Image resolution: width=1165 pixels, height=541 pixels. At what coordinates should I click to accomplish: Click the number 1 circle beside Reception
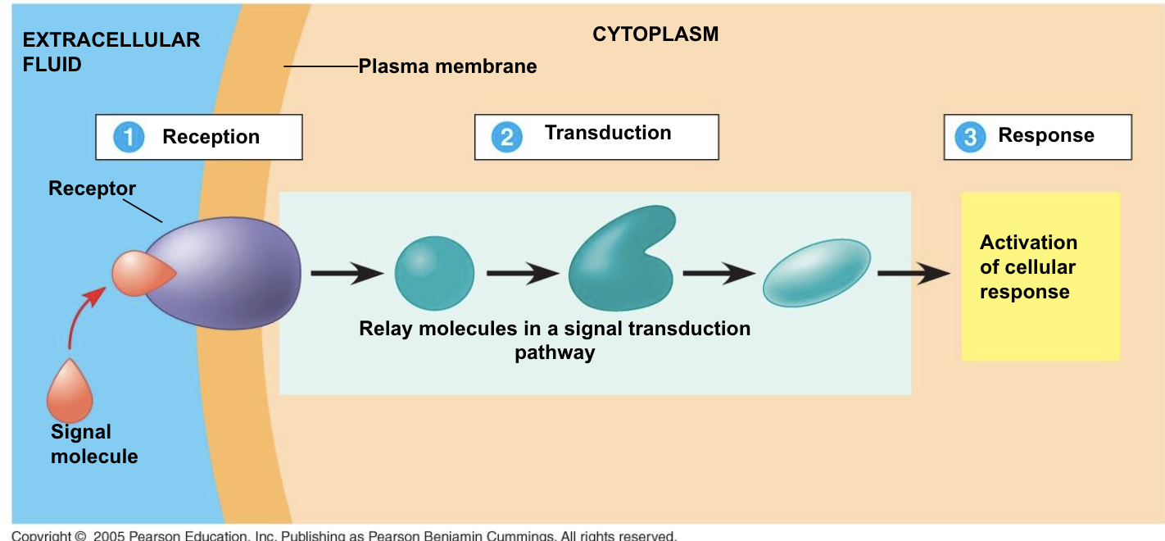(128, 137)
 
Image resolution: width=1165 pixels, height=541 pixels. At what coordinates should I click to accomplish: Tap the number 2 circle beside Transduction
(506, 137)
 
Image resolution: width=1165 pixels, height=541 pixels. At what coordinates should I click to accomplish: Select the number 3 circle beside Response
(970, 137)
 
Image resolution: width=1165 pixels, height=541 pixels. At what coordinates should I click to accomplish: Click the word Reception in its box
(211, 137)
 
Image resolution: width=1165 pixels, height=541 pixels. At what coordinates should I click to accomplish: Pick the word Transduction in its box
(608, 133)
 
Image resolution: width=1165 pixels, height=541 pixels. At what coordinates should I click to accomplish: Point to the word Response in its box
(1045, 135)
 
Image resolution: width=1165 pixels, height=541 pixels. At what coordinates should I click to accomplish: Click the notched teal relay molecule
(619, 260)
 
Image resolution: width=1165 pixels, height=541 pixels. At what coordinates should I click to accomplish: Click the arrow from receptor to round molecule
(347, 273)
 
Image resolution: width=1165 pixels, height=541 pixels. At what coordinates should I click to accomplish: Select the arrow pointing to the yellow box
(913, 273)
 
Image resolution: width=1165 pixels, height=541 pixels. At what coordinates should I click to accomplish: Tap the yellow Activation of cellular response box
(1040, 276)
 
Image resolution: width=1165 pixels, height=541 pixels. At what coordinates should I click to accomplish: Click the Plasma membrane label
(447, 66)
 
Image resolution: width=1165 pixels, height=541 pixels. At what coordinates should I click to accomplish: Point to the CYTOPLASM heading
(655, 34)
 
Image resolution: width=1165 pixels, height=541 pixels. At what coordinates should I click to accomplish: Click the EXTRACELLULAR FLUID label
(111, 52)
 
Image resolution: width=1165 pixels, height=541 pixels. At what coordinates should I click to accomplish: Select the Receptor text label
(92, 189)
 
